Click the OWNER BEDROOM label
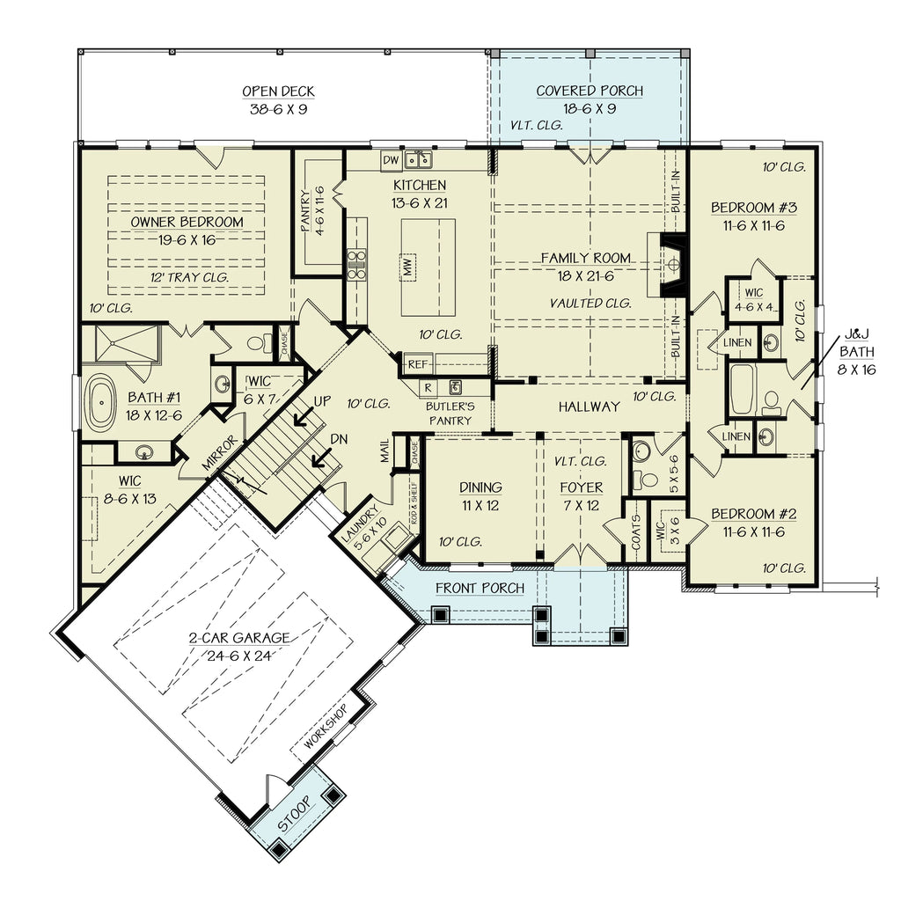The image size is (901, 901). (x=187, y=222)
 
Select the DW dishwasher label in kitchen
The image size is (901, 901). (x=392, y=159)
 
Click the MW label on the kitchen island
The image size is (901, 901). (x=408, y=265)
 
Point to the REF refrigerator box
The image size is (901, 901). (x=417, y=362)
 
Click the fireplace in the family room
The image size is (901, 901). (x=671, y=263)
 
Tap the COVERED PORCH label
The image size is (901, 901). (x=590, y=91)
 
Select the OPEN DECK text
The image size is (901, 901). (x=278, y=92)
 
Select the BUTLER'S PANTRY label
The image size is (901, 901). (x=450, y=414)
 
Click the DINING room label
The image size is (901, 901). (x=480, y=487)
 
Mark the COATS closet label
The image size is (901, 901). (x=635, y=531)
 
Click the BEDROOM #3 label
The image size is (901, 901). (x=754, y=208)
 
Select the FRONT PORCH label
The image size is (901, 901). (x=480, y=588)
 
